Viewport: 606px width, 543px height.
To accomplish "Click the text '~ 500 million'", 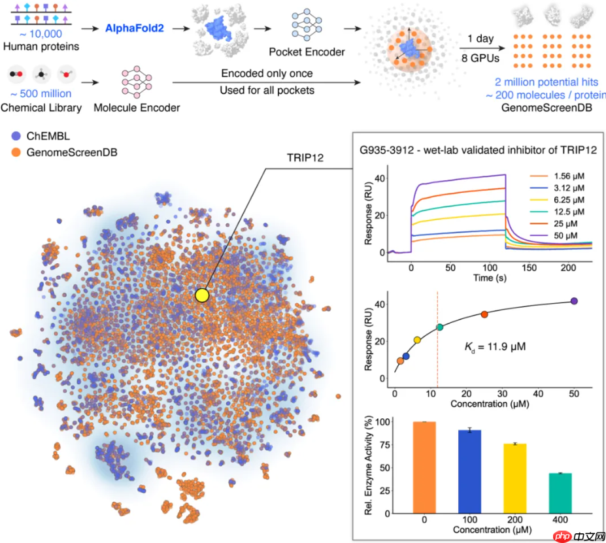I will click(x=42, y=94).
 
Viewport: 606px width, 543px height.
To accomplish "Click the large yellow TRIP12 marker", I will click(x=201, y=295).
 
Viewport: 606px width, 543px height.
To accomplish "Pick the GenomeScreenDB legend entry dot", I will click(x=15, y=153).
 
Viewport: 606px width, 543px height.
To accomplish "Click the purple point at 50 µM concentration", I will click(x=574, y=301).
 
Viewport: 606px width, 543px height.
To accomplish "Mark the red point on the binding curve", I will click(x=484, y=314).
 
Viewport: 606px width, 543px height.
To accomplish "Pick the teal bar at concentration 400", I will click(x=556, y=491).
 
